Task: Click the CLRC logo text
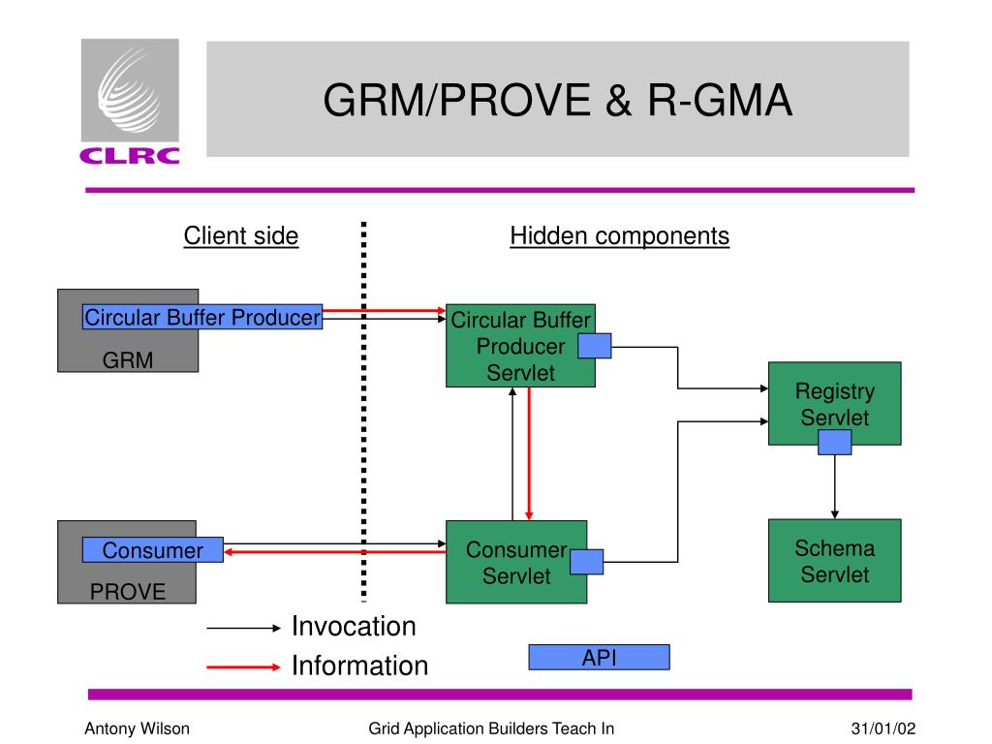point(130,156)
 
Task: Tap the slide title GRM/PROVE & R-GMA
point(557,100)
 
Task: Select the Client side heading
point(241,236)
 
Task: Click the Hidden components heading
point(619,236)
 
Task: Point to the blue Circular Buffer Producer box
point(202,317)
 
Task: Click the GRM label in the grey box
point(128,360)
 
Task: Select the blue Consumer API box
point(152,550)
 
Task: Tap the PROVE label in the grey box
point(128,592)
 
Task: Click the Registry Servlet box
point(834,404)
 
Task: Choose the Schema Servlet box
point(834,561)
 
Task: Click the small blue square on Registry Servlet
point(834,442)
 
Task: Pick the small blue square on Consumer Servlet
point(586,562)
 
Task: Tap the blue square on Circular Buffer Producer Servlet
point(595,346)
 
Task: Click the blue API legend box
point(599,658)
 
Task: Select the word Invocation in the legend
point(354,627)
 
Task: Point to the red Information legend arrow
point(243,666)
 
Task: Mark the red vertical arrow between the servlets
point(529,453)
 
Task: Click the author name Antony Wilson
point(137,728)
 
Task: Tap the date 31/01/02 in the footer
point(883,728)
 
